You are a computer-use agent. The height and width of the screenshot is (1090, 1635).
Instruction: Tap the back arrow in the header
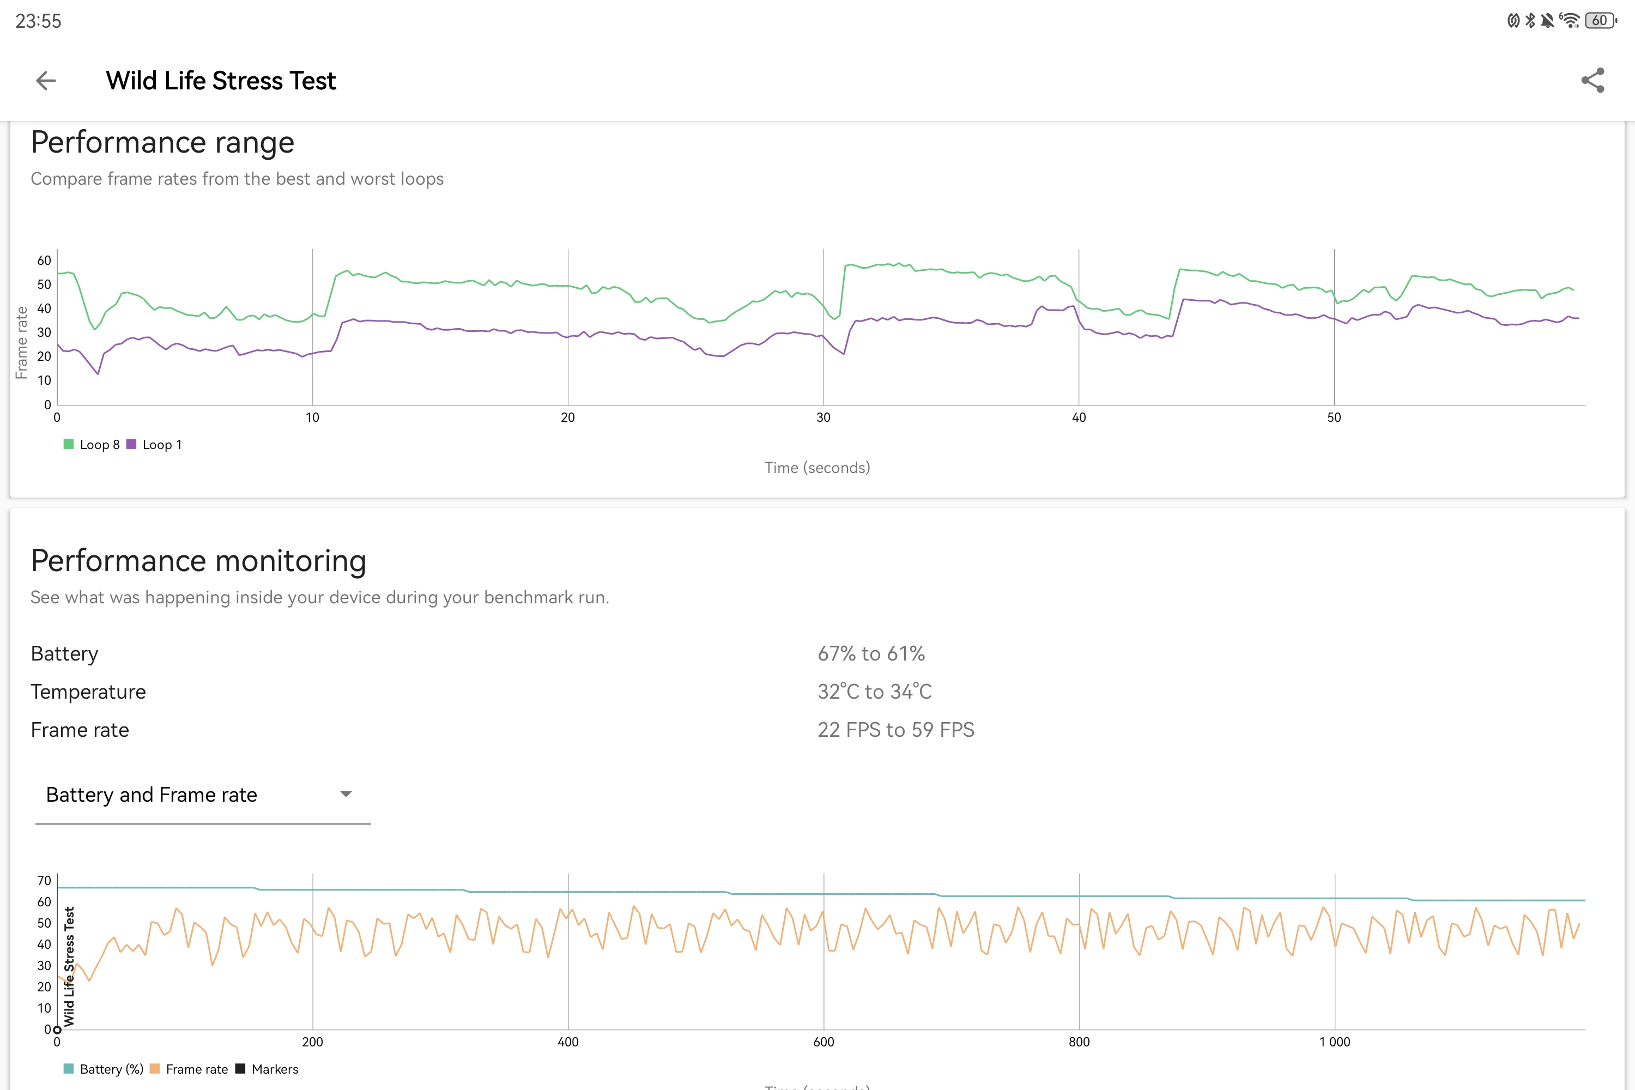click(46, 81)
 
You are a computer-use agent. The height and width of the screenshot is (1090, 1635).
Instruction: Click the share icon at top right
click(1592, 81)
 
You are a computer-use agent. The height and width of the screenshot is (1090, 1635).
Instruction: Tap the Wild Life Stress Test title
click(221, 81)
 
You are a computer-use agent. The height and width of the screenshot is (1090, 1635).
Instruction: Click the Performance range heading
click(162, 142)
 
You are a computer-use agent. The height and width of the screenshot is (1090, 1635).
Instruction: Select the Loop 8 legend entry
click(92, 445)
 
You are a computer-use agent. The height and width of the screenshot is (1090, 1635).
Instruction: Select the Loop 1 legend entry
click(154, 445)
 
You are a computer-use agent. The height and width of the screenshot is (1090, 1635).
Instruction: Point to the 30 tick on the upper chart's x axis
click(823, 418)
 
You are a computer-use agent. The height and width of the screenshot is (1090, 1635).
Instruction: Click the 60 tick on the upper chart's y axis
click(44, 261)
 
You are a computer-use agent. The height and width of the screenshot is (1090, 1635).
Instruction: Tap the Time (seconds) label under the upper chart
click(818, 468)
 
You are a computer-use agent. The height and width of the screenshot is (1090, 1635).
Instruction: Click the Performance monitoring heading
click(199, 561)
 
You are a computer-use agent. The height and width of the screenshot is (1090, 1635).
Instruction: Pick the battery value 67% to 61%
click(871, 653)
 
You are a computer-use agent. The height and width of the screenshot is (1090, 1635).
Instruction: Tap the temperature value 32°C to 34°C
click(875, 692)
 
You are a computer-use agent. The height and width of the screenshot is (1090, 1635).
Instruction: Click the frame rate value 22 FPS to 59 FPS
click(896, 730)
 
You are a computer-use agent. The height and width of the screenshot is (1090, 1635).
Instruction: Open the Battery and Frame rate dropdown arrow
click(346, 794)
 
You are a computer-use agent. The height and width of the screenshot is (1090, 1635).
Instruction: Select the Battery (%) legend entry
click(104, 1069)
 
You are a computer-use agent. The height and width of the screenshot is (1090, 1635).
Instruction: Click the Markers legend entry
click(267, 1069)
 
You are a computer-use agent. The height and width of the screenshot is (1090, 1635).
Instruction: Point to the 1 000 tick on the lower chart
click(1335, 1042)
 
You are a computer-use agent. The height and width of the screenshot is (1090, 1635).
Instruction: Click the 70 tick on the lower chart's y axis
click(44, 881)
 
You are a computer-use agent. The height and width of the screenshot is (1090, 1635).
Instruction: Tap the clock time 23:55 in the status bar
click(38, 21)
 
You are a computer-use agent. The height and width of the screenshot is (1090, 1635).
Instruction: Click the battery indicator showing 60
click(1600, 21)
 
